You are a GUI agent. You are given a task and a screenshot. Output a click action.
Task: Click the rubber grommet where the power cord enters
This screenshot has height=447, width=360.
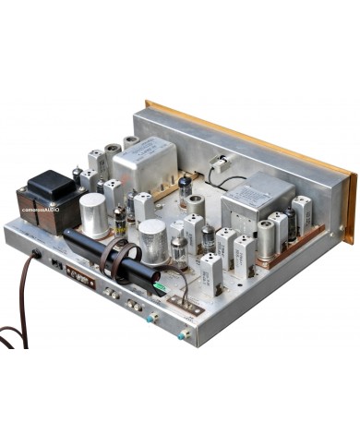(x=37, y=253)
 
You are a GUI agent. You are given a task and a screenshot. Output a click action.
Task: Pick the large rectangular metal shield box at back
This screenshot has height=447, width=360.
(x=143, y=163)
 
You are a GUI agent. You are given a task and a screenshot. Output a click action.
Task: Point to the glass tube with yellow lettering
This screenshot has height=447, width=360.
(x=120, y=222)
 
